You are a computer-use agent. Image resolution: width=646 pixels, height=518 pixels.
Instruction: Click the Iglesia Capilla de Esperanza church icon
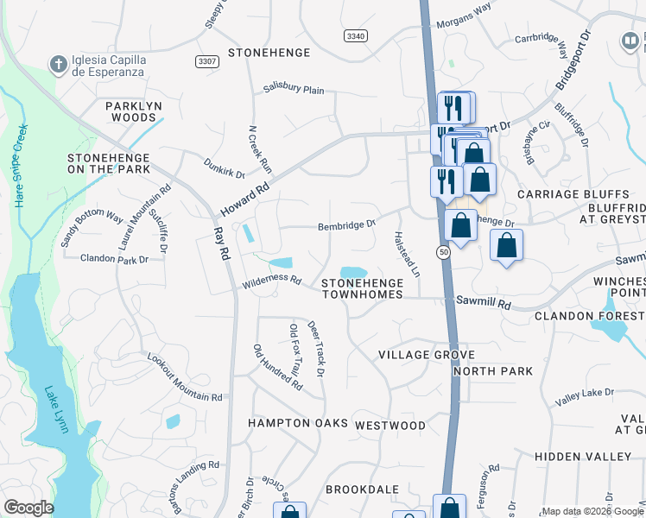pos(58,64)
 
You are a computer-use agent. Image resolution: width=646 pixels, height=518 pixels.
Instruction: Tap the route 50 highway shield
pos(443,252)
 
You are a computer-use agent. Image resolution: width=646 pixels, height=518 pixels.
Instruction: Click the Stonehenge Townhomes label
pos(362,288)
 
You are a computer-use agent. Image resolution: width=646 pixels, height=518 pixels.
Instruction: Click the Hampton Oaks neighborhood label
pos(297,423)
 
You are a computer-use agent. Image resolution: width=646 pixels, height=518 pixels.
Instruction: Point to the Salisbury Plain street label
pos(294,90)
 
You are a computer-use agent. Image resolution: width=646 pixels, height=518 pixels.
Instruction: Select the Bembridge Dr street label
pos(346,224)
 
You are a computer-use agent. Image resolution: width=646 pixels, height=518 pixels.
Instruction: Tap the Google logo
pos(28,508)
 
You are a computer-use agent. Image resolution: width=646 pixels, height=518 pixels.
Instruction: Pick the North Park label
pos(492,371)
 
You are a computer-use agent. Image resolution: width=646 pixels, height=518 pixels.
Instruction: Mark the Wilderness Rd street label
pos(271,281)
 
